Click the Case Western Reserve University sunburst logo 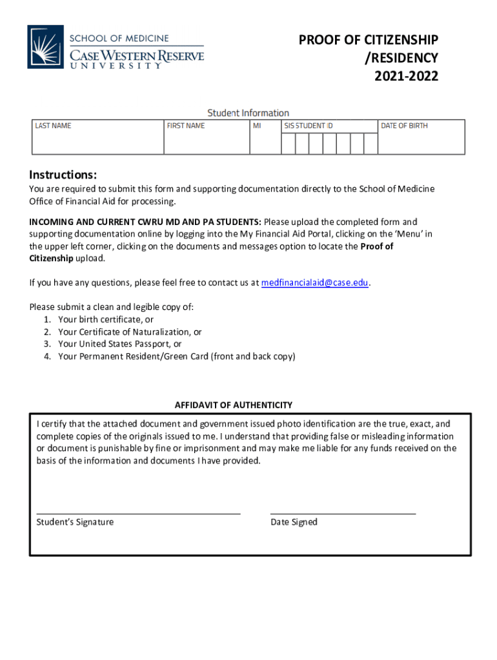pyautogui.click(x=45, y=46)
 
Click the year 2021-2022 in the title pyautogui.click(x=406, y=77)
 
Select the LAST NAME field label pyautogui.click(x=53, y=126)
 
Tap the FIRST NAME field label pyautogui.click(x=185, y=126)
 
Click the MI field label pyautogui.click(x=257, y=126)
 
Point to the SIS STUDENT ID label pyautogui.click(x=309, y=126)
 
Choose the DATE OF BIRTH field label pyautogui.click(x=404, y=126)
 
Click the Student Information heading pyautogui.click(x=248, y=113)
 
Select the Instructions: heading pyautogui.click(x=63, y=175)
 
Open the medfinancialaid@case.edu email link pyautogui.click(x=315, y=282)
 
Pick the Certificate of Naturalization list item pyautogui.click(x=130, y=332)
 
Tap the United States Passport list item pyautogui.click(x=120, y=344)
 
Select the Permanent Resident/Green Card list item pyautogui.click(x=176, y=356)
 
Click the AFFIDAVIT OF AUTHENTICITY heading pyautogui.click(x=234, y=405)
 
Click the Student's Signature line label pyautogui.click(x=75, y=522)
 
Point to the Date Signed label pyautogui.click(x=294, y=522)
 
